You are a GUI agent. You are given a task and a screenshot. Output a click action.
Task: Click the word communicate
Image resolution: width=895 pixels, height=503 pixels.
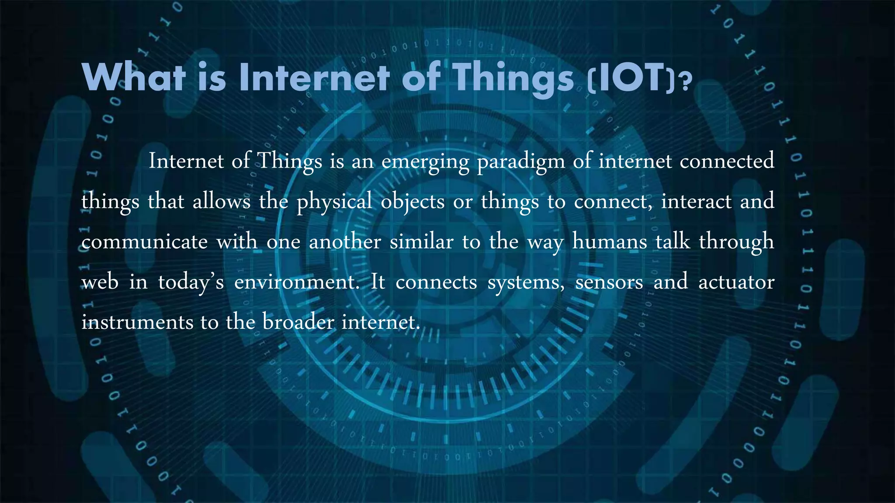point(145,242)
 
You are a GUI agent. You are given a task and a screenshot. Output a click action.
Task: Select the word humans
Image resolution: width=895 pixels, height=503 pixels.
point(609,242)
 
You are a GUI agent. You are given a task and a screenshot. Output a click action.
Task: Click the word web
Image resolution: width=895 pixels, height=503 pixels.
point(100,282)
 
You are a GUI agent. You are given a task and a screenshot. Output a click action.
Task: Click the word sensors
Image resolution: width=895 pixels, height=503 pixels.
point(609,283)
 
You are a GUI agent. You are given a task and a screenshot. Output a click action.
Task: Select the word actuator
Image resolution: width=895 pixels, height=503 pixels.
point(736,282)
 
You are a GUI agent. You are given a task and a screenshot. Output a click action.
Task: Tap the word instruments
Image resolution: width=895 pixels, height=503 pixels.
point(137,323)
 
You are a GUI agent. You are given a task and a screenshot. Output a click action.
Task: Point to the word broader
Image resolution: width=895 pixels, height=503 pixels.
point(298,323)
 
